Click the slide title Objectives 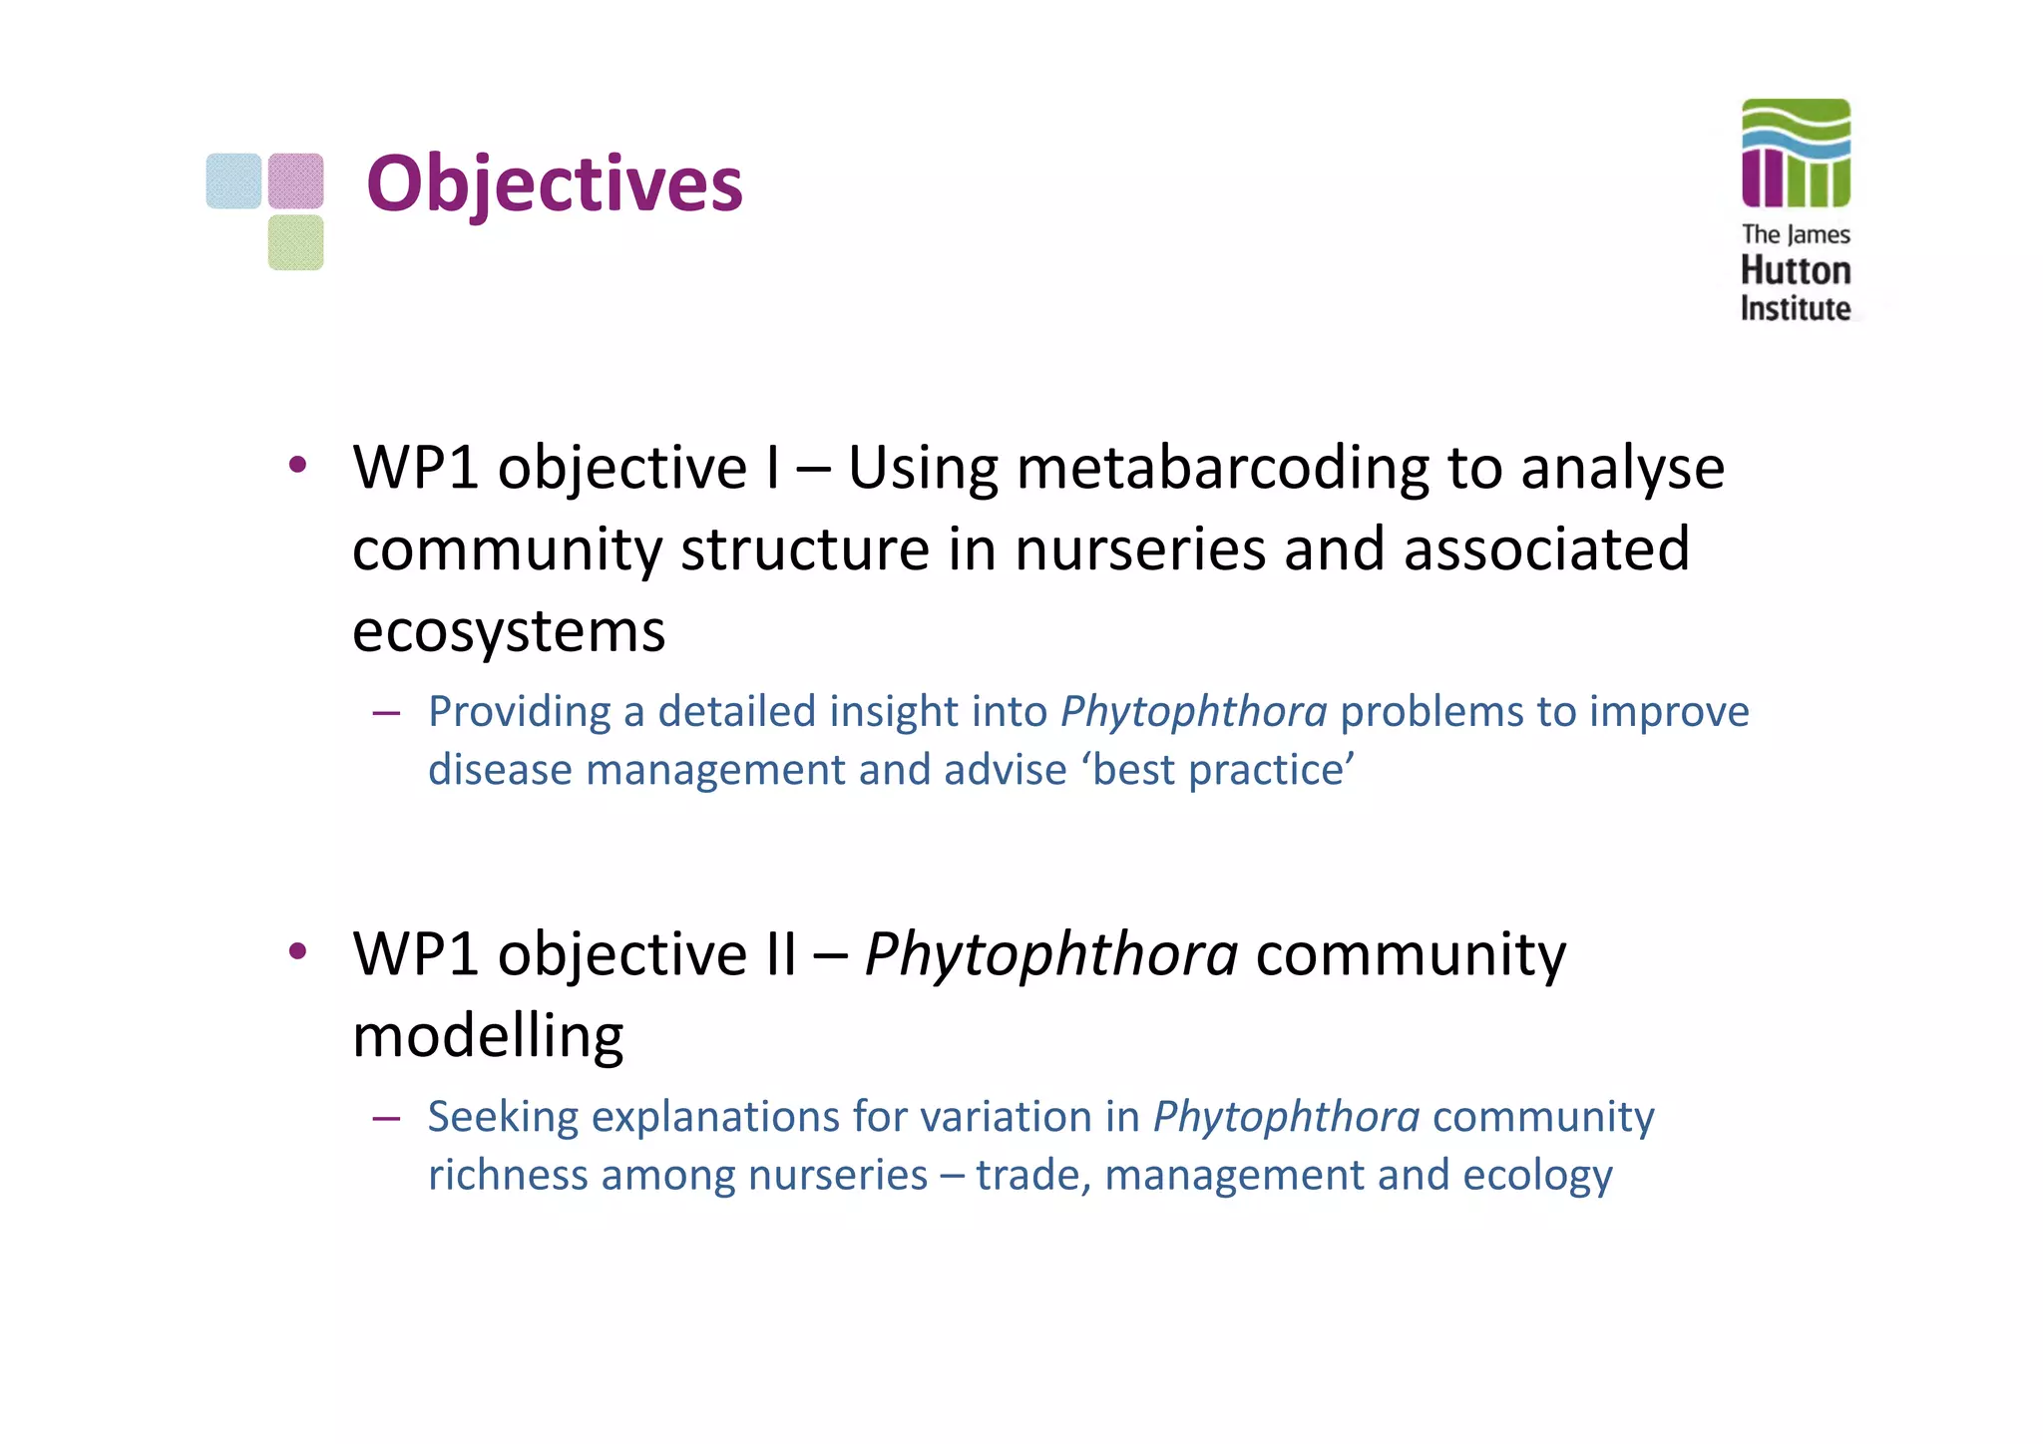[555, 184]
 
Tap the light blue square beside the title [233, 180]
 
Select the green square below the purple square [295, 242]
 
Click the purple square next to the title [295, 180]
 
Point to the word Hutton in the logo [1796, 270]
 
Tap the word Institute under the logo [1796, 308]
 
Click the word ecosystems [509, 630]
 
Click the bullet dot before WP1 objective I [297, 465]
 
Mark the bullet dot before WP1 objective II [297, 951]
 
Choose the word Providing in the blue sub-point [519, 712]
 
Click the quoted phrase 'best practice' [1223, 770]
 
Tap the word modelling [488, 1035]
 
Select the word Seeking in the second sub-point [503, 1117]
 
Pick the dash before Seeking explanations [386, 1118]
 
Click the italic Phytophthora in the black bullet [1051, 954]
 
